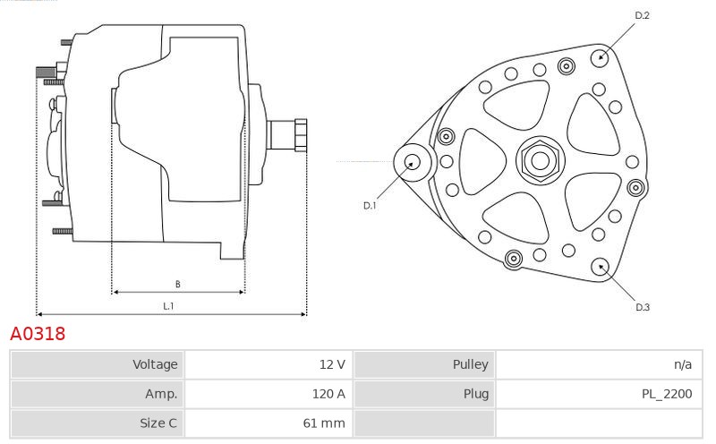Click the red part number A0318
click(38, 334)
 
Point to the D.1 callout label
click(370, 206)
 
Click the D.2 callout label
click(642, 15)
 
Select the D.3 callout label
click(643, 307)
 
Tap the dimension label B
click(177, 284)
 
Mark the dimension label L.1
click(168, 306)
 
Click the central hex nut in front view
click(540, 160)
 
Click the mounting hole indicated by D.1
click(413, 162)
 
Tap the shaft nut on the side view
click(300, 135)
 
